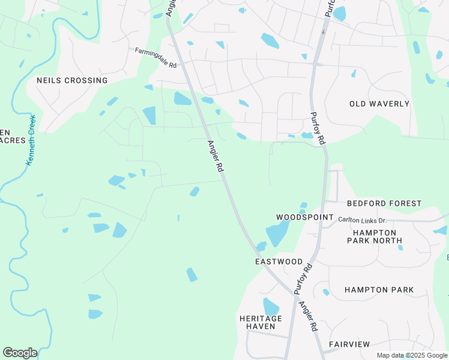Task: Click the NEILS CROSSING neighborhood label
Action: [x=72, y=80]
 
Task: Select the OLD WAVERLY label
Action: [x=379, y=104]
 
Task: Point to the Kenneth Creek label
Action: [x=31, y=140]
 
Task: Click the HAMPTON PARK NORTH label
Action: [x=375, y=236]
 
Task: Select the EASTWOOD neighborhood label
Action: [x=279, y=262]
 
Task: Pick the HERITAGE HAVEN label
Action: [x=261, y=322]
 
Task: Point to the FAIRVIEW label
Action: [x=349, y=344]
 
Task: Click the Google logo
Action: [x=20, y=353]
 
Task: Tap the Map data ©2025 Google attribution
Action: [x=412, y=355]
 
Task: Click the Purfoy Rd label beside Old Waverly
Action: [x=318, y=128]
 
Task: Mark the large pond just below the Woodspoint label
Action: [x=277, y=233]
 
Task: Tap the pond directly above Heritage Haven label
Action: [x=271, y=306]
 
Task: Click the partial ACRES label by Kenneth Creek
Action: [x=13, y=140]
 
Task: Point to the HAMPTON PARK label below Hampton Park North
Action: [x=379, y=290]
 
